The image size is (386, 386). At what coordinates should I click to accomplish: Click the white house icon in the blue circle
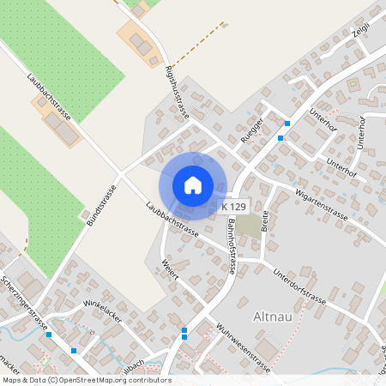pos(193,185)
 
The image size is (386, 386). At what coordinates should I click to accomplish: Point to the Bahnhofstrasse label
pos(231,244)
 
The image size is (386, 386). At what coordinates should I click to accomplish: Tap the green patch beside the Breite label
pos(248,225)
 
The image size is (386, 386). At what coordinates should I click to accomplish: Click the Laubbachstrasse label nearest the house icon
pos(172,220)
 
